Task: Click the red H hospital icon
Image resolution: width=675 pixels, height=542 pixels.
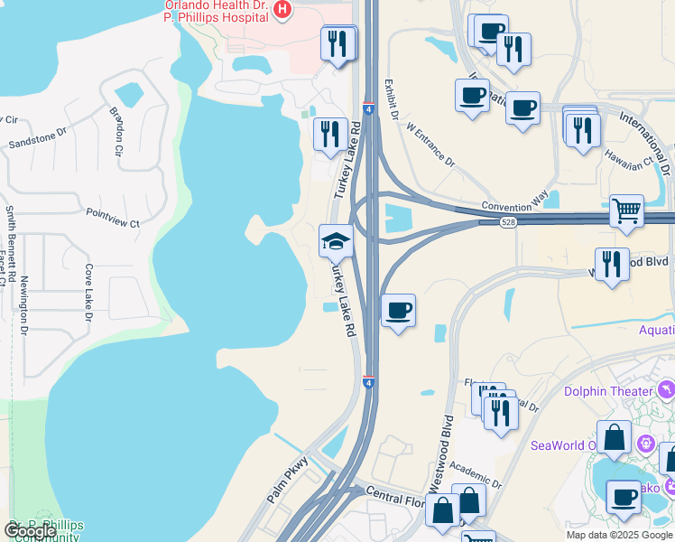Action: pyautogui.click(x=282, y=10)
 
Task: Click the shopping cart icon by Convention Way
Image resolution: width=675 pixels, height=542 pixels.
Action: pyautogui.click(x=626, y=211)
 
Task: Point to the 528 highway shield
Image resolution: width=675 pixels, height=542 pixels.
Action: pyautogui.click(x=510, y=222)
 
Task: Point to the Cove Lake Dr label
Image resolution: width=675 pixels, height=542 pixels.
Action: pyautogui.click(x=88, y=293)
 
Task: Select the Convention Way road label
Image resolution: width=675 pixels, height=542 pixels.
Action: pyautogui.click(x=514, y=205)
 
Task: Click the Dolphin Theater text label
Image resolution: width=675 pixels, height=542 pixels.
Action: pyautogui.click(x=608, y=391)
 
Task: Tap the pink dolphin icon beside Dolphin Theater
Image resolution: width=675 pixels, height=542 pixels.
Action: pyautogui.click(x=666, y=389)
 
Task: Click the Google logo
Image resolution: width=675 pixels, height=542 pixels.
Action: pyautogui.click(x=30, y=531)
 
